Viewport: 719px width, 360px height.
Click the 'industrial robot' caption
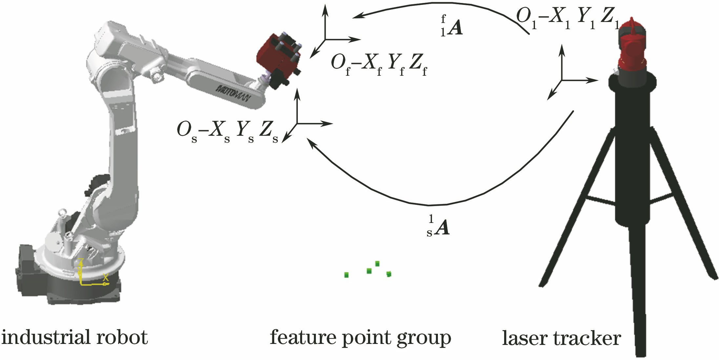tap(75, 338)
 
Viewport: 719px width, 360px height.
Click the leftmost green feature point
tap(346, 275)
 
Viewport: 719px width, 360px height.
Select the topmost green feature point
tap(377, 263)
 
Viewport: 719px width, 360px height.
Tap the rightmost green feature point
tap(389, 274)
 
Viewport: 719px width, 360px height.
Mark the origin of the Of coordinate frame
tap(325, 39)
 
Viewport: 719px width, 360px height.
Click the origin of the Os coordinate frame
tap(297, 124)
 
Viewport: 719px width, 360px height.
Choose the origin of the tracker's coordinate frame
tap(562, 80)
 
